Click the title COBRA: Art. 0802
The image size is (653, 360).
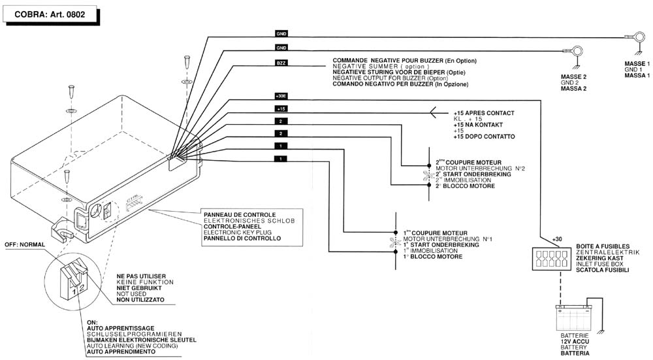[x=50, y=13]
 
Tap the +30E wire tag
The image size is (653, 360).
[x=281, y=95]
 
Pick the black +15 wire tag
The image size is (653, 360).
[x=281, y=108]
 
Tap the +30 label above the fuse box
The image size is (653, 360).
[x=557, y=239]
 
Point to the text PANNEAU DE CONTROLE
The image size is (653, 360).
[x=239, y=214]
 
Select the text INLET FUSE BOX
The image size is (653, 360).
[x=599, y=264]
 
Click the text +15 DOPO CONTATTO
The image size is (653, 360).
[x=484, y=136]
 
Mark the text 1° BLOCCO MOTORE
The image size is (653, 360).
[x=433, y=257]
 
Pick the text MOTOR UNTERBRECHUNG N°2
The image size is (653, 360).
[x=480, y=169]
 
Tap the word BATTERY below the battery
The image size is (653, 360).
[x=574, y=348]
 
